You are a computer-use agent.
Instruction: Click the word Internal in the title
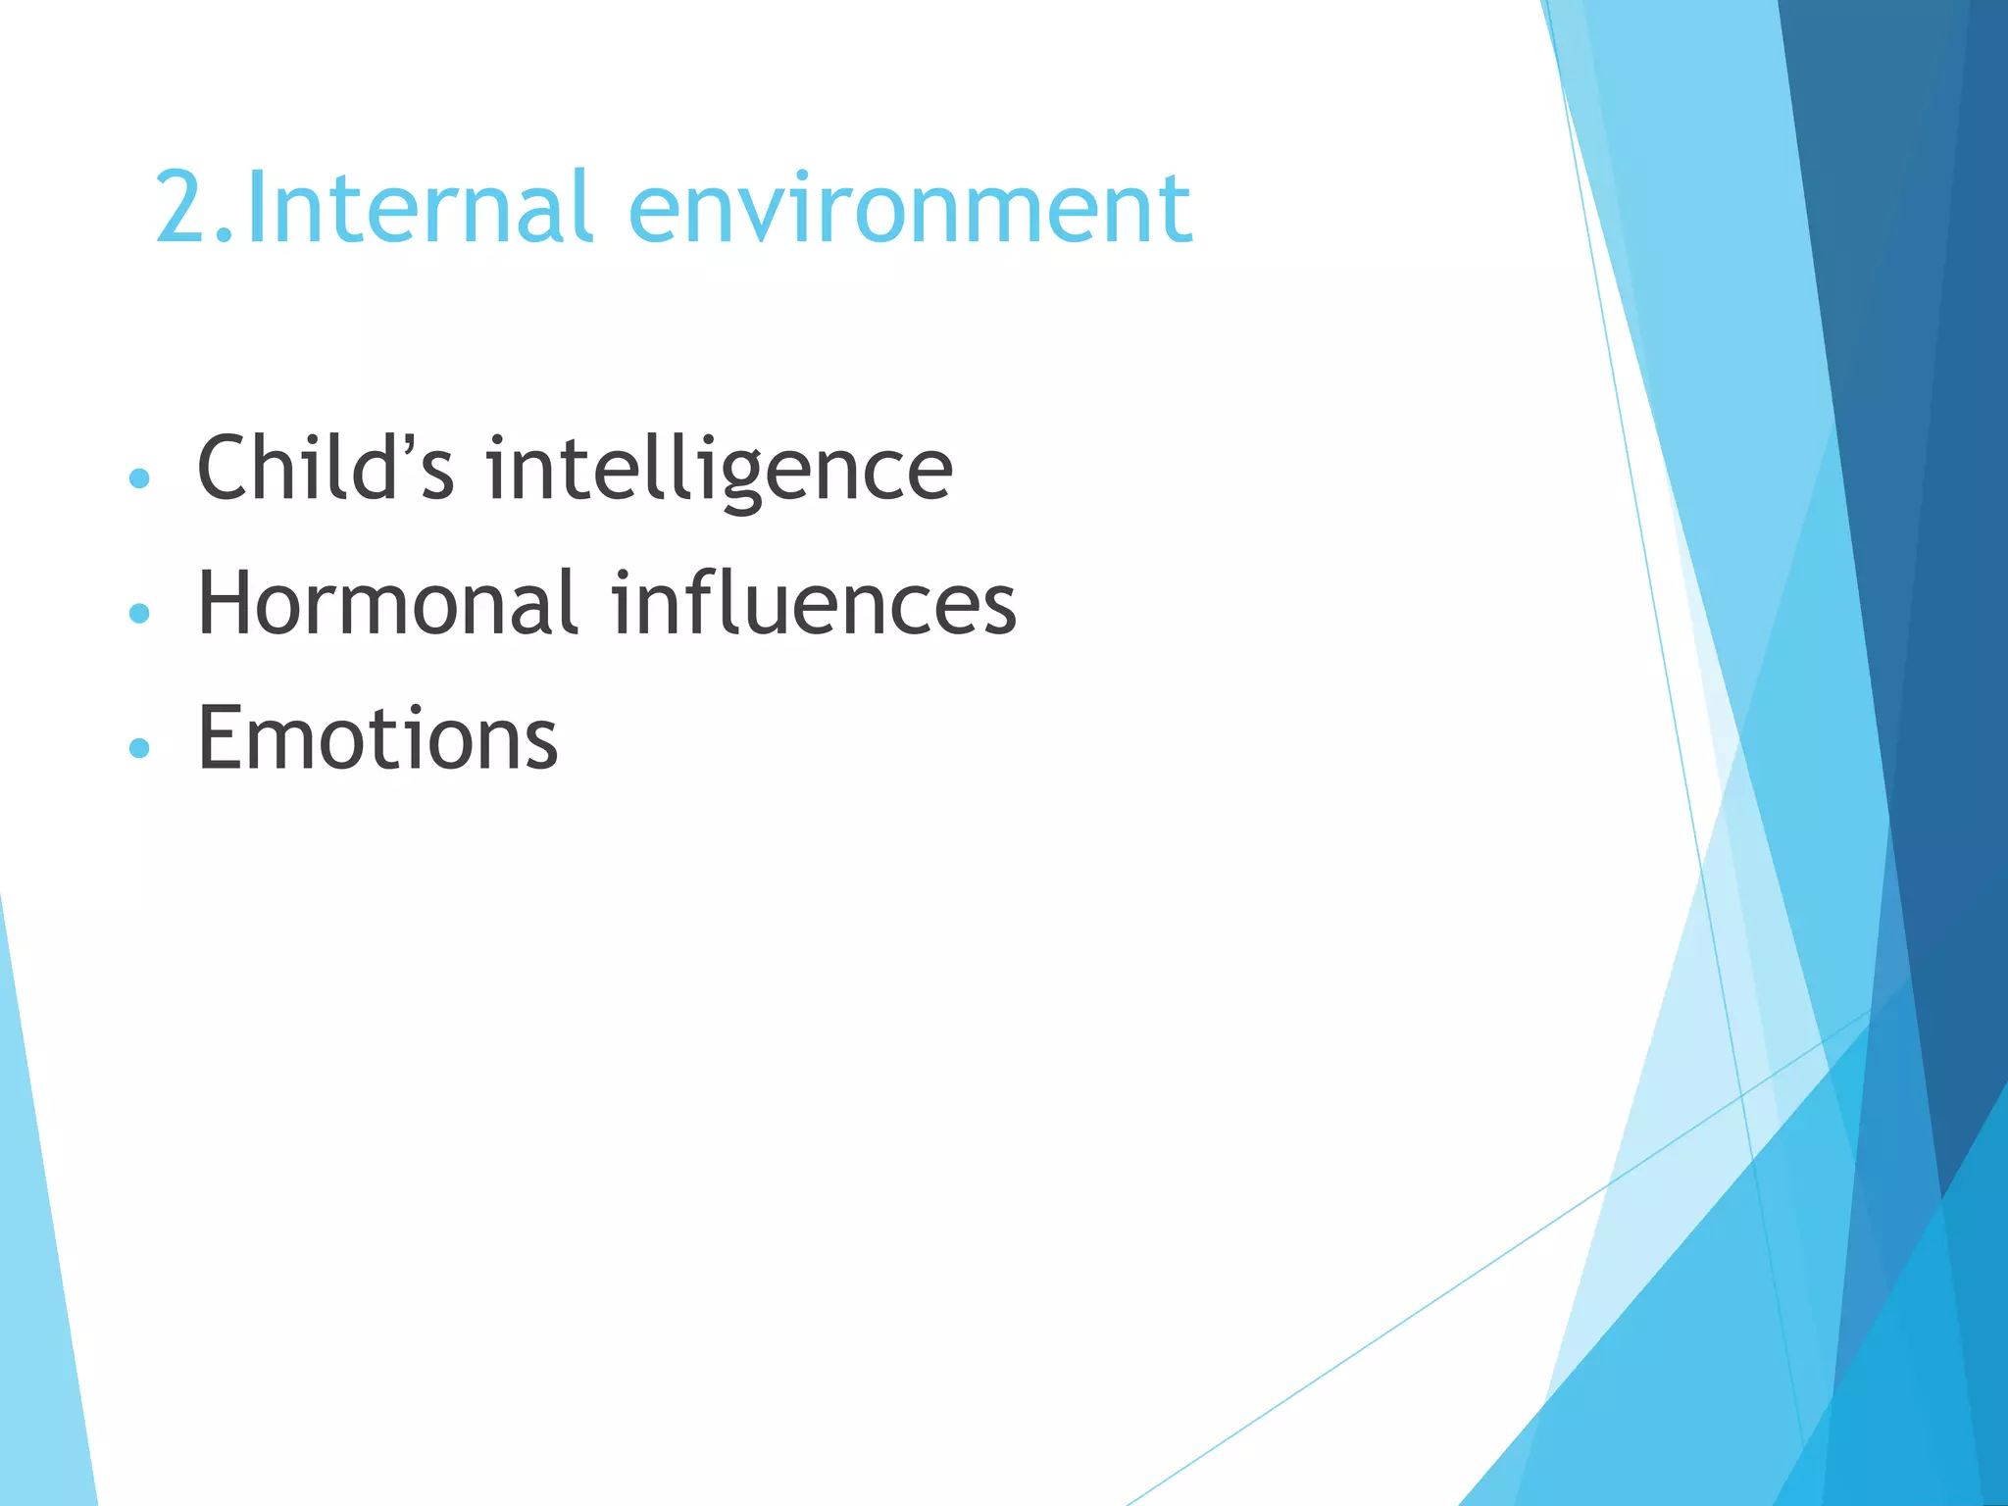(x=419, y=208)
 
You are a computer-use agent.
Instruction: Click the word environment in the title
(x=909, y=208)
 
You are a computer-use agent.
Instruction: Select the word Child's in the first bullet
(x=325, y=468)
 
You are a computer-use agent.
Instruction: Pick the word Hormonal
(x=386, y=603)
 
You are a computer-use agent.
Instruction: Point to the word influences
(x=813, y=603)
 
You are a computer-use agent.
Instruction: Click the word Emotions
(x=377, y=738)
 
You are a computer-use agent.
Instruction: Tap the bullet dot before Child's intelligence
(x=139, y=478)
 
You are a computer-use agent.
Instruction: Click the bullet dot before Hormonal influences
(x=139, y=614)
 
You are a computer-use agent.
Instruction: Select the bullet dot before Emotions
(x=139, y=748)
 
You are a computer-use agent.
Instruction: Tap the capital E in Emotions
(x=221, y=738)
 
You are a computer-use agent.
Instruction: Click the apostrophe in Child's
(x=414, y=446)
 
